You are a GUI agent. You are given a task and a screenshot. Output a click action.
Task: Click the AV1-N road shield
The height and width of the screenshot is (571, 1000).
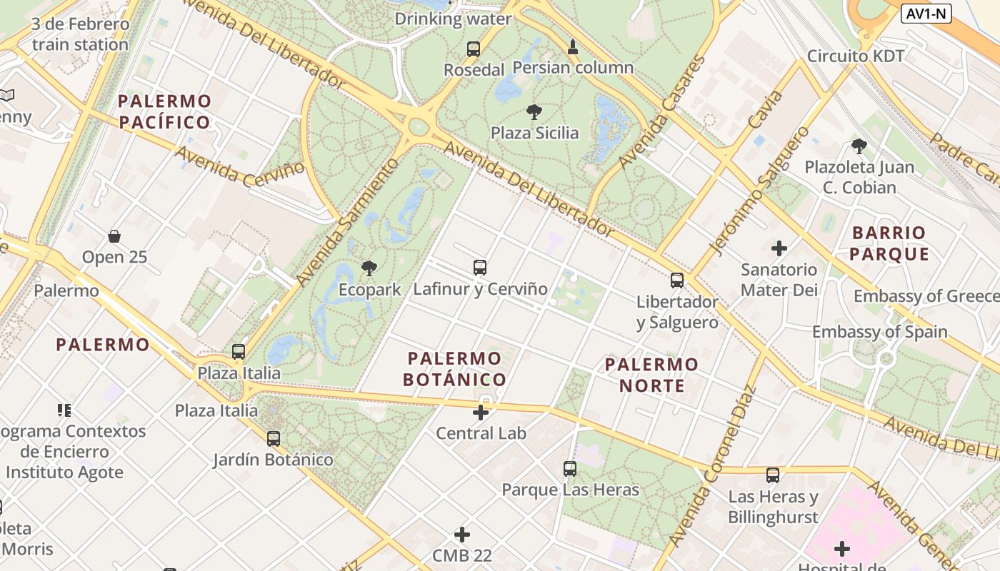926,14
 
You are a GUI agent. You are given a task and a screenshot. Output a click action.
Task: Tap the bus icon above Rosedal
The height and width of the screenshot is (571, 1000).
474,49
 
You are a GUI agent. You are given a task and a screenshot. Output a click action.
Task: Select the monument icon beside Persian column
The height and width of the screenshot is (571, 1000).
572,48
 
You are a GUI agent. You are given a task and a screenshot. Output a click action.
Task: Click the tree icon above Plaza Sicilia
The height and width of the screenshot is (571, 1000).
534,112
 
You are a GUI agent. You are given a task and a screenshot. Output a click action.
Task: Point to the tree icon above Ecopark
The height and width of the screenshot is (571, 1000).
369,269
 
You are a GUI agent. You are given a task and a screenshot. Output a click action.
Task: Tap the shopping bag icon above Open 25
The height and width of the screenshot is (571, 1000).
114,236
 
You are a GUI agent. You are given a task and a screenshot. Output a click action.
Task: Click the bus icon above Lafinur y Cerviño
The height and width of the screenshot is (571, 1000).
480,268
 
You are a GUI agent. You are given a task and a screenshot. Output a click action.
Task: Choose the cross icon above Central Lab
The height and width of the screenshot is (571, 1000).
481,412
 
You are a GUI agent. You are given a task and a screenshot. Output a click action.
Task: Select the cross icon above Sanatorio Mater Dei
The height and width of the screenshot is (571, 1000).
779,248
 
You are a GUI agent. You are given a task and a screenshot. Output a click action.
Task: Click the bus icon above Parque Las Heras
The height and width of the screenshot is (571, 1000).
569,469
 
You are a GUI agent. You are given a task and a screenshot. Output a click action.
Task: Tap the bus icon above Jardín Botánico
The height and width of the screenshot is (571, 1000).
273,438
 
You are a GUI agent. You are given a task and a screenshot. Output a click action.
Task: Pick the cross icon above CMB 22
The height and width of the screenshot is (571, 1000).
462,534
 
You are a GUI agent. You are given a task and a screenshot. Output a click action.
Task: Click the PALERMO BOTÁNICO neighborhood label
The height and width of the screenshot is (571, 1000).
454,369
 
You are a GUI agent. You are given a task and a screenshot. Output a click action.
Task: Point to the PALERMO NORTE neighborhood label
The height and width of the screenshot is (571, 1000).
651,375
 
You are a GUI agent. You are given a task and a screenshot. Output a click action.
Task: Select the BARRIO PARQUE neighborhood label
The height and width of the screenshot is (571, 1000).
889,243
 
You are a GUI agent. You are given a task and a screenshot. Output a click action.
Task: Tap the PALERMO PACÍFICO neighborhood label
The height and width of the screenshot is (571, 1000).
165,111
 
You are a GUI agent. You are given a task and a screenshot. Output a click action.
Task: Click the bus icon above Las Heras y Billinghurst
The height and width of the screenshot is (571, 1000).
773,475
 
